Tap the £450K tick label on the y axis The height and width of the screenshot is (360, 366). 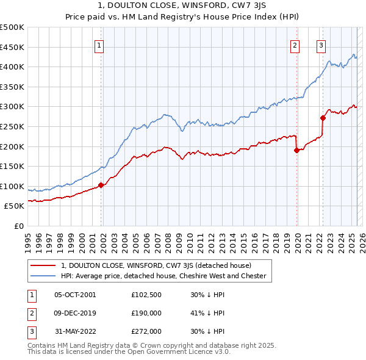tap(12, 47)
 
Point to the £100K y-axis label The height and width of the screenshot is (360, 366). tap(12, 186)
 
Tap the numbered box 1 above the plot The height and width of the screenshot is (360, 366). tap(99, 44)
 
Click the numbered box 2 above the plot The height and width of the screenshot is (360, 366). tap(295, 44)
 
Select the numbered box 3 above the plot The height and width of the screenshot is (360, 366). tap(321, 44)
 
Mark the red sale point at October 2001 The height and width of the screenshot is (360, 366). tap(101, 185)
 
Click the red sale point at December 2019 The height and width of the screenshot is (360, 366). tap(297, 151)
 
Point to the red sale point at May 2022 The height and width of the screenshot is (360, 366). tap(323, 118)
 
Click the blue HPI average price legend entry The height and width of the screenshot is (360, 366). tap(163, 276)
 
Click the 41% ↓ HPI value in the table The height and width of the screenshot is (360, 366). tap(207, 313)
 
